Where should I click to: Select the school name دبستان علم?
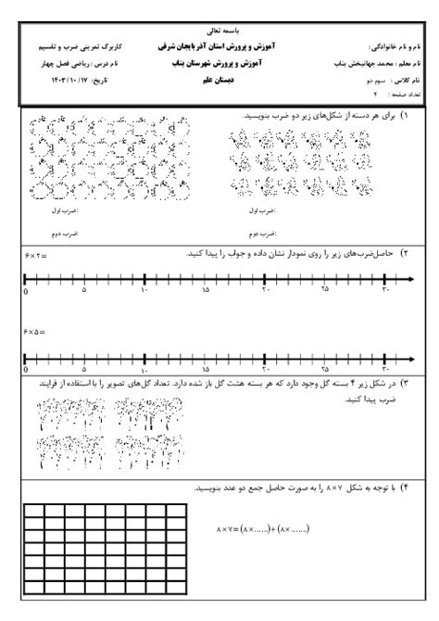click(x=219, y=81)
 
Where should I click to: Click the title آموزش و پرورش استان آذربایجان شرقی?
click(x=219, y=45)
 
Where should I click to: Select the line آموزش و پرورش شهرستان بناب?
click(x=219, y=63)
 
